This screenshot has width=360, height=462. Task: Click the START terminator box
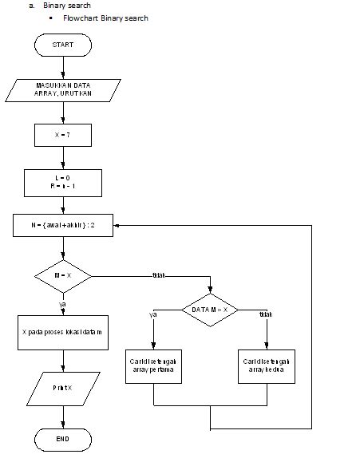[63, 45]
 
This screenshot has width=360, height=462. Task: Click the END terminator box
[63, 438]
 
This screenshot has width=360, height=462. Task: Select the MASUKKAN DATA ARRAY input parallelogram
[63, 89]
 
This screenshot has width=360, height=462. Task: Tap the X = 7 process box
[63, 135]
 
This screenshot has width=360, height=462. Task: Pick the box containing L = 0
[63, 182]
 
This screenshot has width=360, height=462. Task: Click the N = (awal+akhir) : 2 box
[63, 225]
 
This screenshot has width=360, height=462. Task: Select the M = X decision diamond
[63, 275]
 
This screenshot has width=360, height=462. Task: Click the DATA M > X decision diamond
[210, 309]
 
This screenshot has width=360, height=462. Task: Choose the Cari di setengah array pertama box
[153, 366]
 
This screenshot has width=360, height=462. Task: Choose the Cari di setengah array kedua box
[267, 366]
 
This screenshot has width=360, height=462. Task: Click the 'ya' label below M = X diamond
[63, 304]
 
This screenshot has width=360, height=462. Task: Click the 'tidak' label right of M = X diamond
[158, 275]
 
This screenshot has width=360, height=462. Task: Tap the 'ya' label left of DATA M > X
[153, 314]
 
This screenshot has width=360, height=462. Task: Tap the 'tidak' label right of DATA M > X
[266, 314]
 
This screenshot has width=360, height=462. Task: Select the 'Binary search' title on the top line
[67, 6]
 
